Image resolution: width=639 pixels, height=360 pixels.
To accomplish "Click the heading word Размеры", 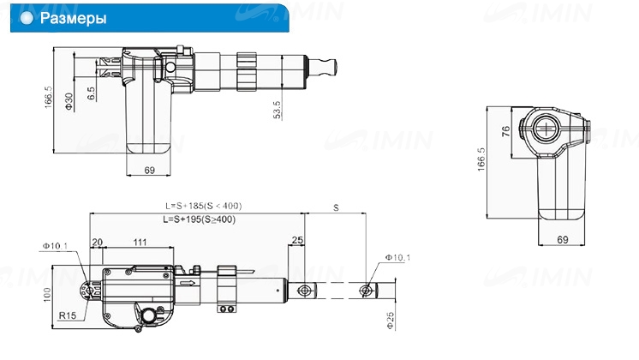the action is pos(74,18).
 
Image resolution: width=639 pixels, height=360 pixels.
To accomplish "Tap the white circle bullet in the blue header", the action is pos(27,18).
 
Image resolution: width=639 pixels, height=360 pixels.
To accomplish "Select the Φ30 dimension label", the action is pos(69,101).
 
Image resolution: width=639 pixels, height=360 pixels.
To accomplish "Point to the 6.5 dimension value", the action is pos(92,93).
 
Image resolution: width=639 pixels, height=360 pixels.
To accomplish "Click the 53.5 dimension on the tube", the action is pos(278,110).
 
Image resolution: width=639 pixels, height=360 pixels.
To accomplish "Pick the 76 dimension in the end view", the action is pos(505,131).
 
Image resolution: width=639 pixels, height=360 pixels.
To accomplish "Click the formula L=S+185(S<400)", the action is pos(203,206).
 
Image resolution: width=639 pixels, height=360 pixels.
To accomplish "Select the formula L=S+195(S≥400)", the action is pos(200,219).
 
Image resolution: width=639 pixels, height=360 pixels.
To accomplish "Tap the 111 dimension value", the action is pos(140,243).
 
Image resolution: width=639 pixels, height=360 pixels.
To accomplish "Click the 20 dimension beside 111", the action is pos(97,243).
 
